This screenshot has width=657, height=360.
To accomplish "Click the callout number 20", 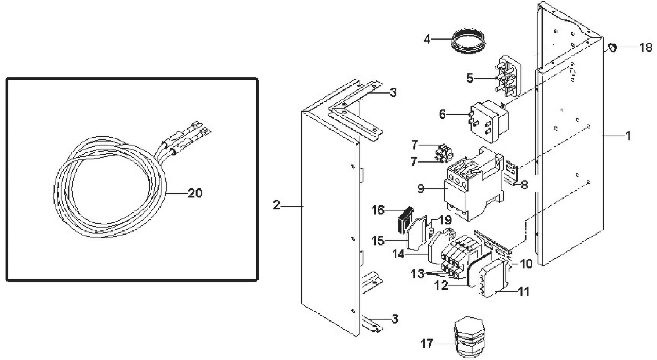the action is pos(195,193).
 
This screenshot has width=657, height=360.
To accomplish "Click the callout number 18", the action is pos(645,47).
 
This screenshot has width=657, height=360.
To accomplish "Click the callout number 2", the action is pos(277,205).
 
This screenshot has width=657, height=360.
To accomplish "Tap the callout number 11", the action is pos(524,292).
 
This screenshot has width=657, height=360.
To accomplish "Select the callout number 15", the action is pos(378,241).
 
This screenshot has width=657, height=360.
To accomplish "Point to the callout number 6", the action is pos(442,114).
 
